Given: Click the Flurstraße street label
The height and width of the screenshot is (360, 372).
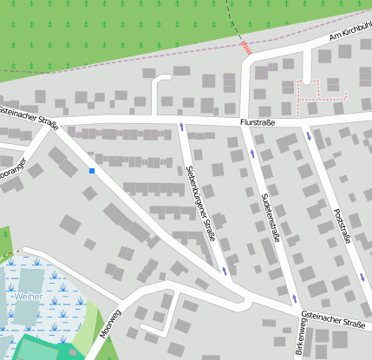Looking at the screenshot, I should pyautogui.click(x=258, y=123).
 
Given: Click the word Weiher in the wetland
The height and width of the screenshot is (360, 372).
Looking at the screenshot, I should pyautogui.click(x=28, y=297).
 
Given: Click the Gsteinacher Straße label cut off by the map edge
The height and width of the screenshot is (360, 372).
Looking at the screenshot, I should pyautogui.click(x=28, y=117).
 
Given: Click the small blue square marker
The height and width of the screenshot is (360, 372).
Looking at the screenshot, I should pyautogui.click(x=91, y=171).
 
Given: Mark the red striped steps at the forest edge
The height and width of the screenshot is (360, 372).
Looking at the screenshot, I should pyautogui.click(x=246, y=47).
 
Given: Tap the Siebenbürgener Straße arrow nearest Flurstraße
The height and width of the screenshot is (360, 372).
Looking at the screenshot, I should pyautogui.click(x=181, y=128).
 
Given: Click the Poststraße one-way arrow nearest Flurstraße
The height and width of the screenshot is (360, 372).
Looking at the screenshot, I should pyautogui.click(x=309, y=135).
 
